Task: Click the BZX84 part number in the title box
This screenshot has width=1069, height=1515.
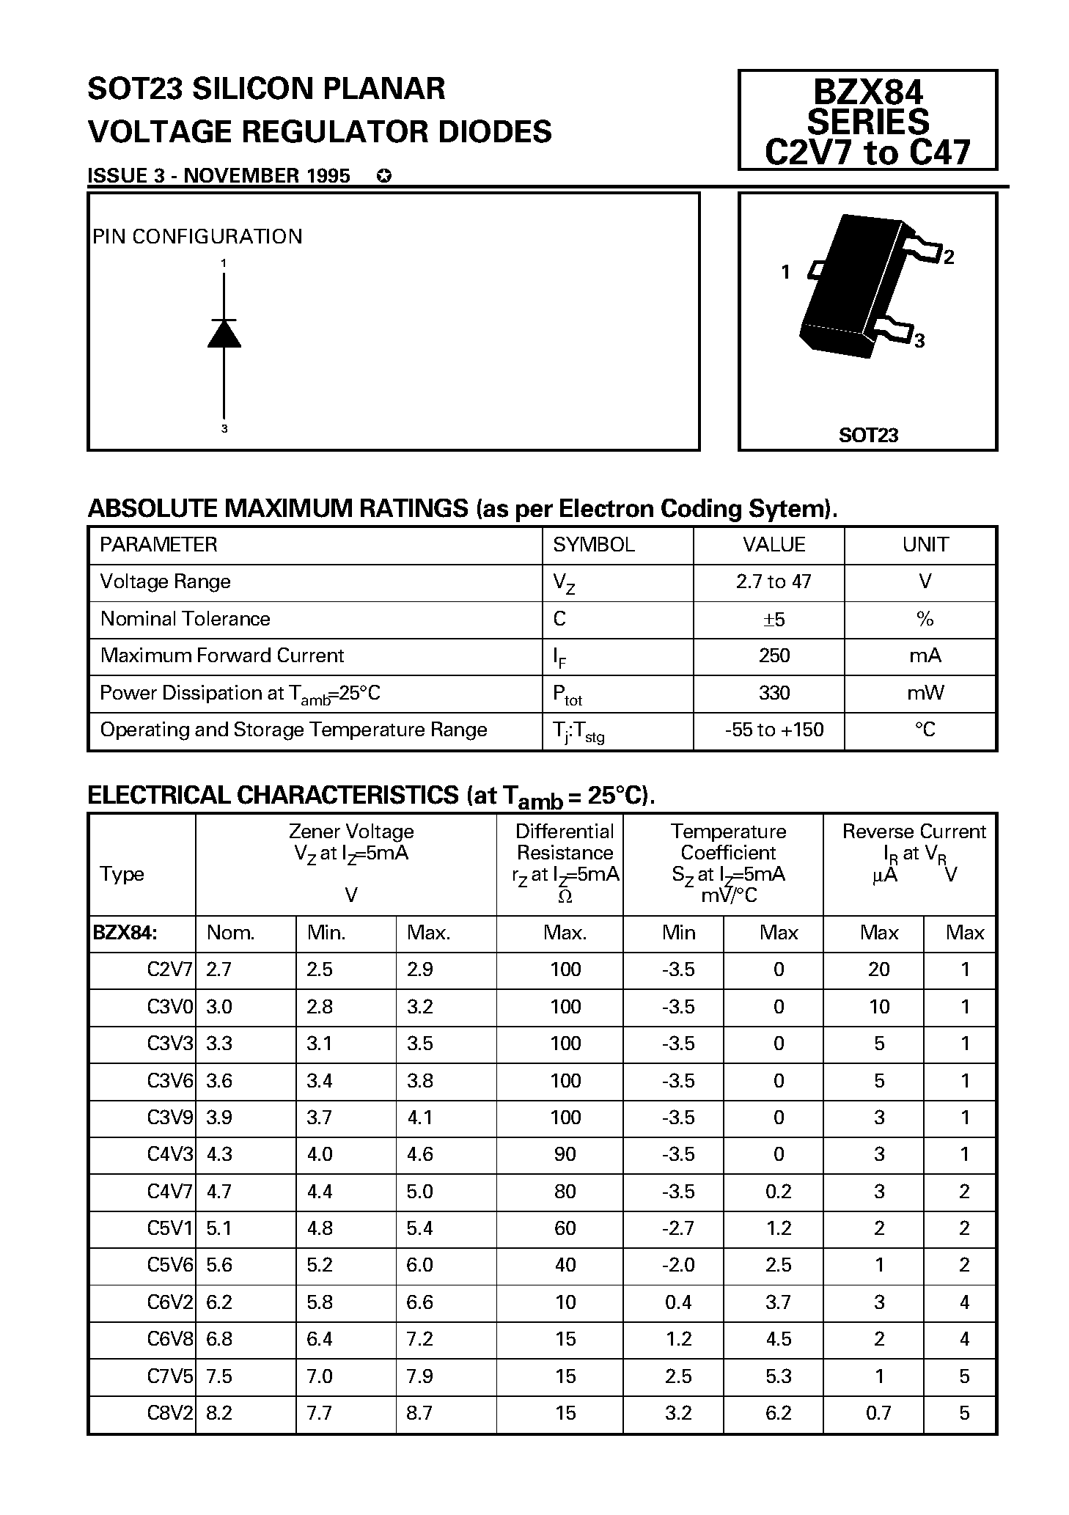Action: pos(868,92)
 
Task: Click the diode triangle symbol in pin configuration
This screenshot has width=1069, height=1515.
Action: pos(224,334)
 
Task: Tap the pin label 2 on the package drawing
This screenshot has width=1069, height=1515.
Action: pos(949,257)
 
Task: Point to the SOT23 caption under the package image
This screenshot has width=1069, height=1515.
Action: pos(868,435)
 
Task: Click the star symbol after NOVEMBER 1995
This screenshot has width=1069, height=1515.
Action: pos(383,176)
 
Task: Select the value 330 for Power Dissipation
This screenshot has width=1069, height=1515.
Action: pos(774,693)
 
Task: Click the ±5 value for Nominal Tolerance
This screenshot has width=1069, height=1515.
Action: pos(774,620)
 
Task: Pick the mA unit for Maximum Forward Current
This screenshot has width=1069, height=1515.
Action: pos(925,656)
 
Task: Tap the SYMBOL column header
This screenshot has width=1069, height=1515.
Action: pos(593,545)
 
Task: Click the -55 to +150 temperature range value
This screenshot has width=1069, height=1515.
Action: pos(774,730)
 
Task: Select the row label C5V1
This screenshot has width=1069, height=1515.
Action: pos(169,1228)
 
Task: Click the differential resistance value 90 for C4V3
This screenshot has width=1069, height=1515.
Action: pos(565,1154)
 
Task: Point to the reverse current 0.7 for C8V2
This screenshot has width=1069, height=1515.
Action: pos(878,1413)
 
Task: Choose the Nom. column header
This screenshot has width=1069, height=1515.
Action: pos(230,933)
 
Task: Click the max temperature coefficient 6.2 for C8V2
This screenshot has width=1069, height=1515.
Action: pos(778,1413)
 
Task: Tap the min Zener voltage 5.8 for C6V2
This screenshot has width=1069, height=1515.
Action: pos(320,1302)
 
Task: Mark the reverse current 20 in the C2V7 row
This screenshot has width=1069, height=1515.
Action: pos(878,969)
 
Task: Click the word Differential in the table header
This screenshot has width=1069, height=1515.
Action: pos(564,832)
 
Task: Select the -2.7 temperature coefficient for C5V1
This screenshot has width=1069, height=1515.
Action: pos(677,1228)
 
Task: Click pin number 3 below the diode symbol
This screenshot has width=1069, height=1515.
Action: pos(224,429)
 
